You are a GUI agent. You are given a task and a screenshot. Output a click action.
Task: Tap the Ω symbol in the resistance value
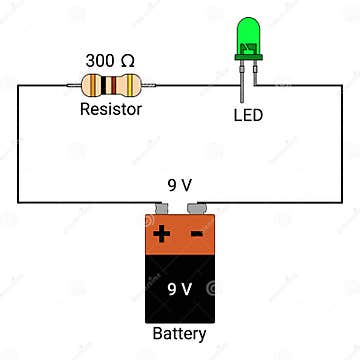(127, 61)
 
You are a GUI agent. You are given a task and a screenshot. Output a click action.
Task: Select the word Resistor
(111, 109)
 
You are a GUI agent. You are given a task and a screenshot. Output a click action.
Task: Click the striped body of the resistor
(110, 85)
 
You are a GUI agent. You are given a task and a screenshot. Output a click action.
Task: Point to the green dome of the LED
(249, 34)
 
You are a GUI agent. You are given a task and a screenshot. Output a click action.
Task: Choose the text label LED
(248, 115)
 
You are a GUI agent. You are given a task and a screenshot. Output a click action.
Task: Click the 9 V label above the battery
(180, 186)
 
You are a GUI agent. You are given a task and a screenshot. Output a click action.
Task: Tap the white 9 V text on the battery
(180, 289)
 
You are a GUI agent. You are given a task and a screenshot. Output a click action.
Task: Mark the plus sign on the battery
(162, 235)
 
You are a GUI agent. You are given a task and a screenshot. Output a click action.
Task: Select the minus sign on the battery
(197, 235)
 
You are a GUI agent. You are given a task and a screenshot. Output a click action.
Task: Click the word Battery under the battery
(180, 334)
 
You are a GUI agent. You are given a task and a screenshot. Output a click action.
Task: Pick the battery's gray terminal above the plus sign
(163, 210)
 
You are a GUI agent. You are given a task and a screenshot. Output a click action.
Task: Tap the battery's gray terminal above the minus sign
(197, 210)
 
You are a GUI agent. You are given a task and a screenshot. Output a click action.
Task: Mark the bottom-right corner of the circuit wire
(340, 203)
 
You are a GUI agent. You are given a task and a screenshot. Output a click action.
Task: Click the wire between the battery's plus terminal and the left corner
(90, 203)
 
